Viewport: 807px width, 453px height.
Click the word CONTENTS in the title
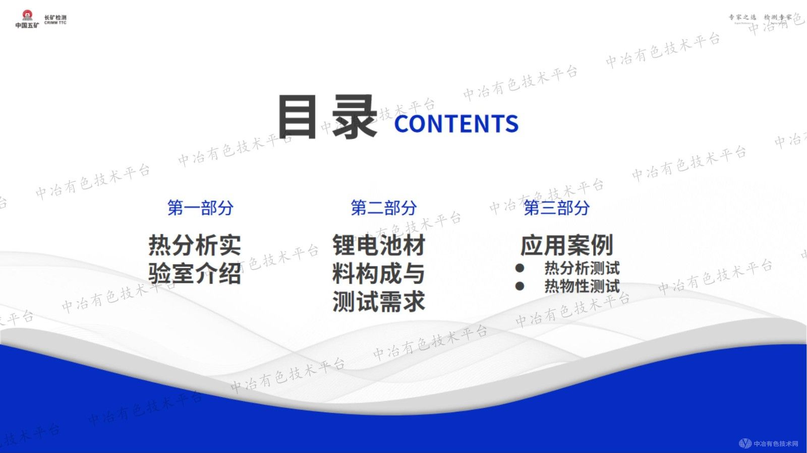pyautogui.click(x=456, y=124)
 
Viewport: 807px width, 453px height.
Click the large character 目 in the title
pyautogui.click(x=297, y=117)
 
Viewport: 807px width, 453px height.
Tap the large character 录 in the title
pyautogui.click(x=355, y=117)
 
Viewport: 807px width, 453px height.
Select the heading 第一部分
pyautogui.click(x=200, y=208)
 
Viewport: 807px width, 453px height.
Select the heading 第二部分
pyautogui.click(x=383, y=208)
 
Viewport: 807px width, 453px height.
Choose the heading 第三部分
pyautogui.click(x=556, y=208)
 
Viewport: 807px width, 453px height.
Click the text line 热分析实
pyautogui.click(x=195, y=245)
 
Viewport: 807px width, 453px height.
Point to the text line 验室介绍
pyautogui.click(x=195, y=274)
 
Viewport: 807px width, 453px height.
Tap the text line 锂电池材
pyautogui.click(x=378, y=245)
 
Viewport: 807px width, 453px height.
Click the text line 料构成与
pyautogui.click(x=378, y=274)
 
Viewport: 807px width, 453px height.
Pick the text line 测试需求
pyautogui.click(x=378, y=302)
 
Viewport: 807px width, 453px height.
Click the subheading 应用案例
pyautogui.click(x=566, y=245)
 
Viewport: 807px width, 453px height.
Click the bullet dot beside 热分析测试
pyautogui.click(x=520, y=268)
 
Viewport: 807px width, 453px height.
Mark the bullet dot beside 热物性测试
pyautogui.click(x=520, y=286)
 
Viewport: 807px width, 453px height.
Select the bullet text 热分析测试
pyautogui.click(x=582, y=268)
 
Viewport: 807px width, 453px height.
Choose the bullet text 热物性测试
pyautogui.click(x=582, y=286)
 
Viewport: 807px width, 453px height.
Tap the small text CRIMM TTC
pyautogui.click(x=55, y=23)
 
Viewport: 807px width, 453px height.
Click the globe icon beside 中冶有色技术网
pyautogui.click(x=745, y=443)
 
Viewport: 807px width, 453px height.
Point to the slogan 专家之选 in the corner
pyautogui.click(x=742, y=17)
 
